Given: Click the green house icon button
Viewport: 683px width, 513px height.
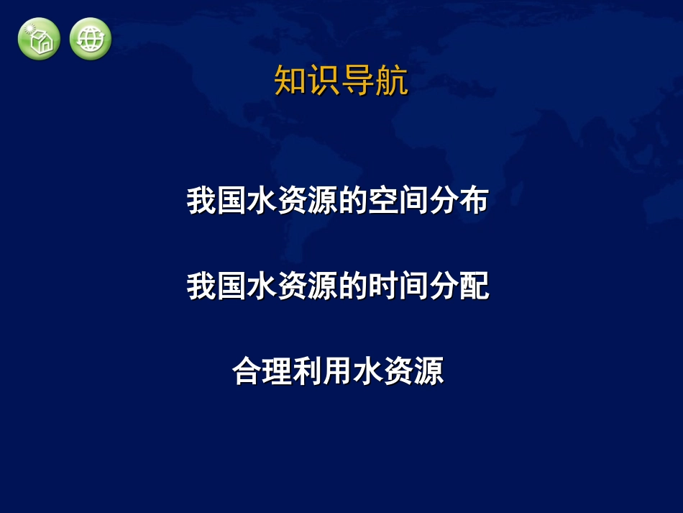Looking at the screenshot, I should click(39, 39).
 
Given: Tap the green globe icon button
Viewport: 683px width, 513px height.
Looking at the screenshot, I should click(91, 39).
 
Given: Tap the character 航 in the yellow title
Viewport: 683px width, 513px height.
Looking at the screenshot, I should click(392, 81).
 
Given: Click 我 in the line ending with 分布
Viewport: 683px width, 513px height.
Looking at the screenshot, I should click(202, 201).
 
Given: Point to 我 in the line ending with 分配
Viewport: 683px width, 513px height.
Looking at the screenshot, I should click(202, 287).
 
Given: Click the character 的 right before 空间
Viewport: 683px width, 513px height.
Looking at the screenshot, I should click(353, 201).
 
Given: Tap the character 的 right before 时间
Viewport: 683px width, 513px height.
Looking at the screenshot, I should click(353, 287).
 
